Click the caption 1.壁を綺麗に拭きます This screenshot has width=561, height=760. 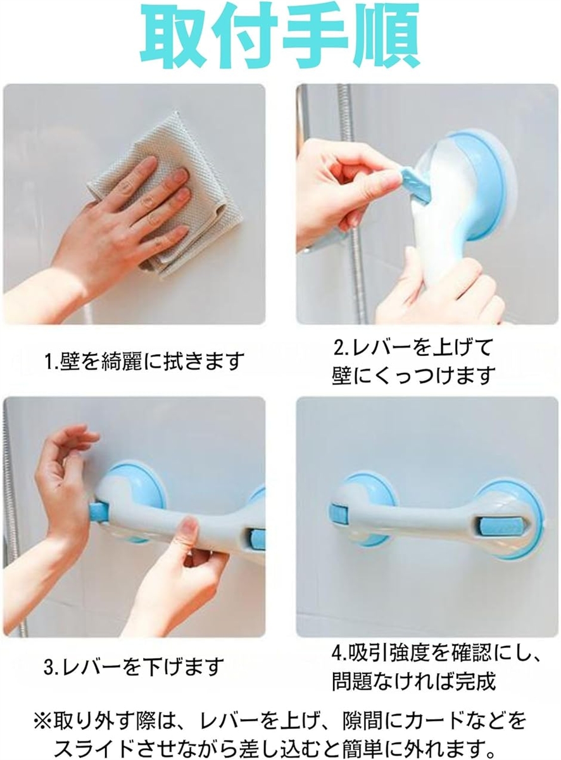[x=145, y=361]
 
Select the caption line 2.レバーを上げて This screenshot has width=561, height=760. [x=413, y=348]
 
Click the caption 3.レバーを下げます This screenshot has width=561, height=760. [x=134, y=666]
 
